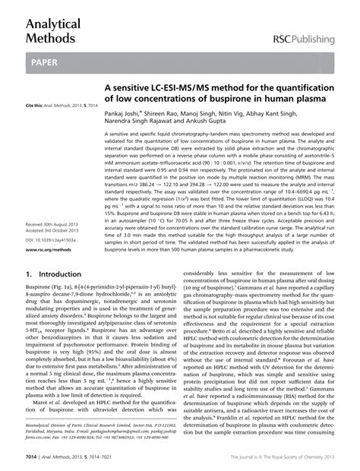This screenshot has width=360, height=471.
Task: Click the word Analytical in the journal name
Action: [54, 24]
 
